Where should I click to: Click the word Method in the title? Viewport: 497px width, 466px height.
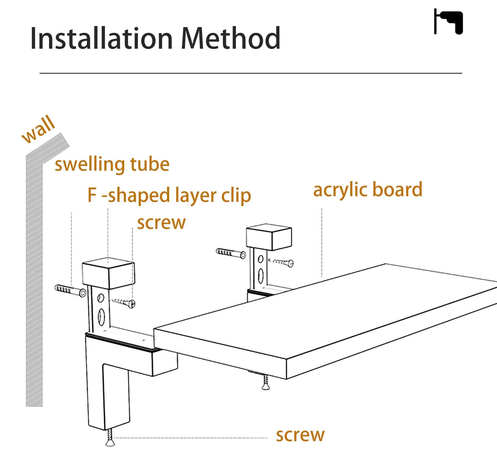click(231, 38)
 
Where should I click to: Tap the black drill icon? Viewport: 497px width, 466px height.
click(448, 21)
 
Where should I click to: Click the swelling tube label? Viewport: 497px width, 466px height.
click(112, 164)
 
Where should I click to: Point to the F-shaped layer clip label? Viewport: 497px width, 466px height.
click(169, 195)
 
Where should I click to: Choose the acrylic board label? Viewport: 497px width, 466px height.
click(368, 190)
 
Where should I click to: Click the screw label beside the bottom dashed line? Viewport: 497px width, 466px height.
click(300, 435)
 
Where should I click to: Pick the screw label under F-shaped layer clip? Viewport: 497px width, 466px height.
click(161, 223)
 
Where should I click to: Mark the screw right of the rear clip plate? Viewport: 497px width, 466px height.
click(282, 262)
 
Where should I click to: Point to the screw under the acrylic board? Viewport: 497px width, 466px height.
click(266, 382)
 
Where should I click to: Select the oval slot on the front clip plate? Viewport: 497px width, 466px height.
click(101, 317)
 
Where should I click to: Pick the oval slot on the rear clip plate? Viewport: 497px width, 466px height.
click(261, 276)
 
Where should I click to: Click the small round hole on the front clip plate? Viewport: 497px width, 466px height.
click(101, 298)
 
